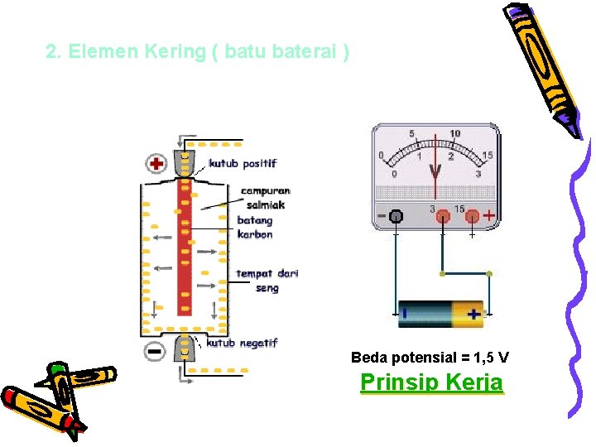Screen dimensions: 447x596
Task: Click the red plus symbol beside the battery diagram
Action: (156, 163)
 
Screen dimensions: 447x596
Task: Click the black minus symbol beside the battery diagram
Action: (155, 350)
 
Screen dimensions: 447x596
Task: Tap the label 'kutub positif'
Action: (243, 163)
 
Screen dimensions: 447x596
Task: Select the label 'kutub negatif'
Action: (242, 342)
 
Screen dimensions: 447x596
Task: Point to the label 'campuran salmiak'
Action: (266, 197)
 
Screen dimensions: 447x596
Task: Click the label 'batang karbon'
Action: (255, 227)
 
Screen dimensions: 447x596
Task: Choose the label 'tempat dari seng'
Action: (267, 281)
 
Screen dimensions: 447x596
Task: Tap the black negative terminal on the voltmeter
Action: (397, 217)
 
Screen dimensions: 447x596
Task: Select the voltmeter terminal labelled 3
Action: (443, 217)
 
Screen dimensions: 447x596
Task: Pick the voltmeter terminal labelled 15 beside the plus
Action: (472, 217)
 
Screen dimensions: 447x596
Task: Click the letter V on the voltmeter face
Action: (435, 171)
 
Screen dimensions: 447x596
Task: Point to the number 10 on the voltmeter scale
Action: (455, 133)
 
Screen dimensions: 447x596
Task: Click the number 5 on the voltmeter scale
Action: (412, 133)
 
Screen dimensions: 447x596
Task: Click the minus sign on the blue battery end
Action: (406, 314)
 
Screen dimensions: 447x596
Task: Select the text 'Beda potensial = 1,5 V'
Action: (430, 358)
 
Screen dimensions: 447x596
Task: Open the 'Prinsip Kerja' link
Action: (431, 382)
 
